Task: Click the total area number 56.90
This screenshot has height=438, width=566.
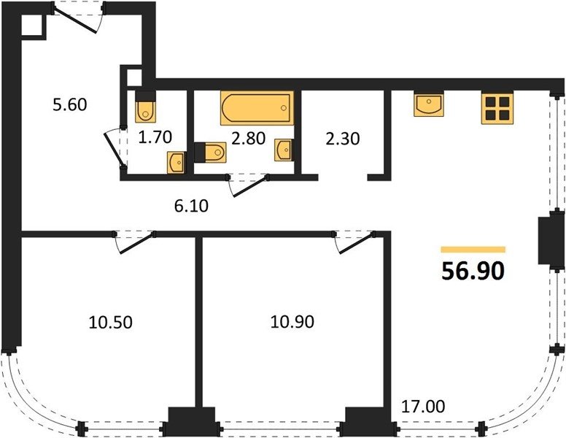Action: [473, 271]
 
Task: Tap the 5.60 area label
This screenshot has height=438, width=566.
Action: [70, 105]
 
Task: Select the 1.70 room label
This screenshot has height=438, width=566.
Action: [155, 137]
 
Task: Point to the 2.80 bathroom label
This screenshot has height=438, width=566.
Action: [248, 138]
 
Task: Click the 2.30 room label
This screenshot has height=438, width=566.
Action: [343, 139]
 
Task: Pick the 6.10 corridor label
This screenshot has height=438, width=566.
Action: [191, 206]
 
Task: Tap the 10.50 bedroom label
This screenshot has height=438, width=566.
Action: [110, 322]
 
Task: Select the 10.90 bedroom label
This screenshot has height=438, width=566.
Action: [292, 321]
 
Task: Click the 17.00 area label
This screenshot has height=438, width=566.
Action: [423, 406]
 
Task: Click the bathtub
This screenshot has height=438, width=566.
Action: [257, 108]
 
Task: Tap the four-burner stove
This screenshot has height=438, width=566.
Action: [497, 108]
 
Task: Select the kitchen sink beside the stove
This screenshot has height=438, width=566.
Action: [429, 105]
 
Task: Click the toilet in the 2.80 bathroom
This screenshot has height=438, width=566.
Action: [210, 153]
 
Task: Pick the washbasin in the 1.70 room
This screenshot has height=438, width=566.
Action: [177, 163]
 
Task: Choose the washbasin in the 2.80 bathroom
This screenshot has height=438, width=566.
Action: [283, 150]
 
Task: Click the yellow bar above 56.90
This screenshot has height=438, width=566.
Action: [473, 250]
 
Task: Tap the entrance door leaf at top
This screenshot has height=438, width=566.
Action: [76, 20]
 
